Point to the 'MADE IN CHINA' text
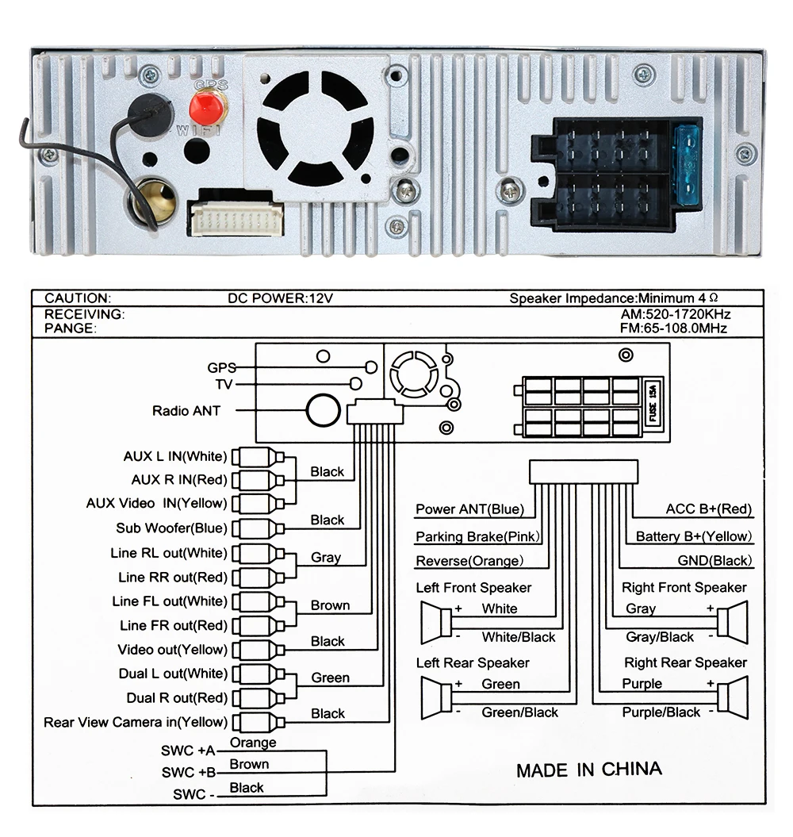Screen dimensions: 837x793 (x=588, y=769)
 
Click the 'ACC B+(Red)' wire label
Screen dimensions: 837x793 (x=708, y=509)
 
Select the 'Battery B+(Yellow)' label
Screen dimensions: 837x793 (x=692, y=536)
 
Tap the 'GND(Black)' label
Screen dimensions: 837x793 (x=714, y=561)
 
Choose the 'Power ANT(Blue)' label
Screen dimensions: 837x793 (x=470, y=509)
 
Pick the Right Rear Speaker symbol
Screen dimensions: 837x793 (x=734, y=697)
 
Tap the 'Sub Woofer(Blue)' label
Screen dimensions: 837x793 (x=171, y=528)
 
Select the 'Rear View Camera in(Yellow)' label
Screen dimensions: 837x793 (x=135, y=722)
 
